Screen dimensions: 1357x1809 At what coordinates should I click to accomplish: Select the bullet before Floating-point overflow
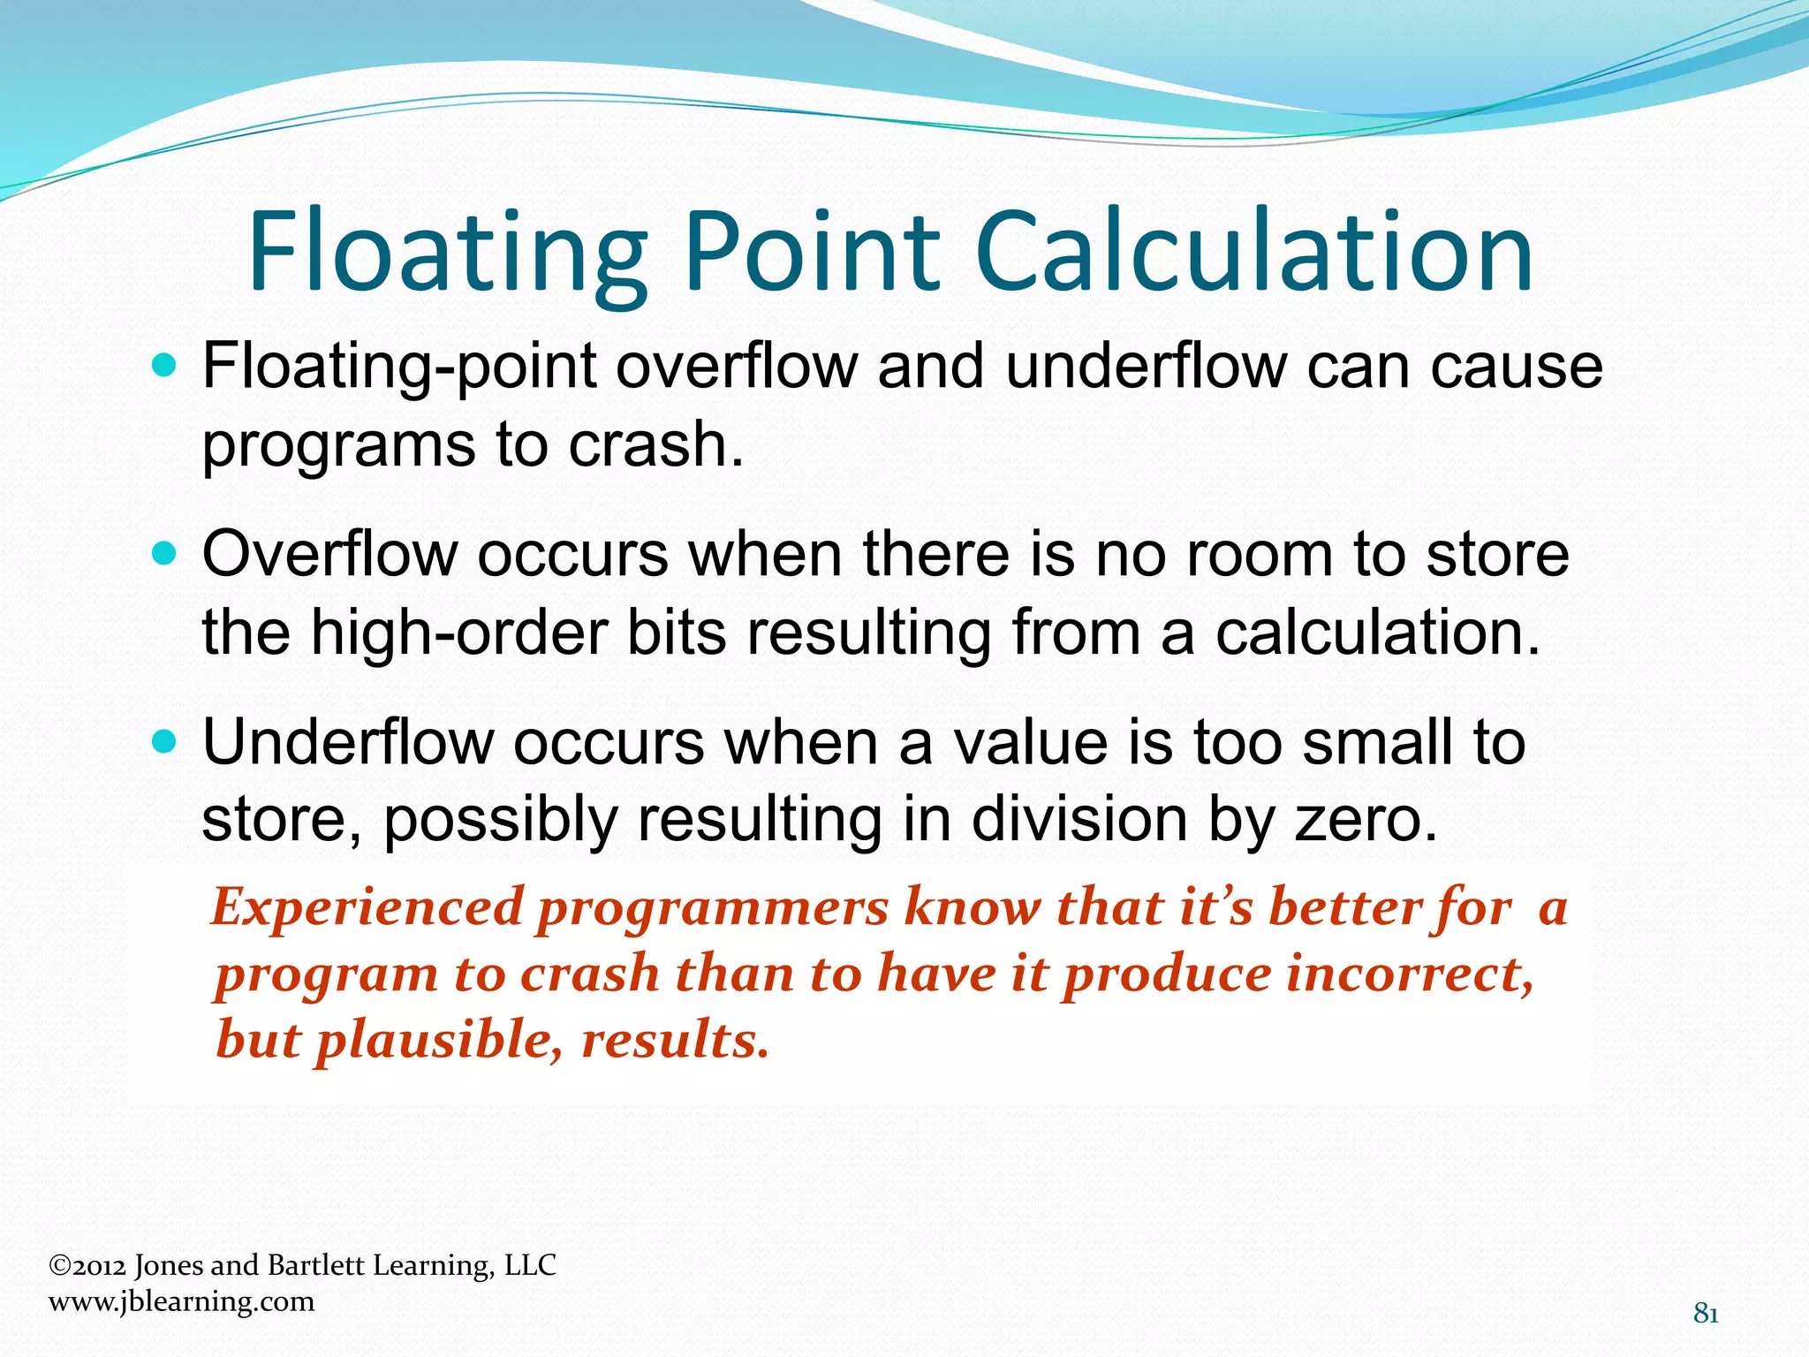pos(164,364)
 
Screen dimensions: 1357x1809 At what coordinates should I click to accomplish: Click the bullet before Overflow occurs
pos(164,554)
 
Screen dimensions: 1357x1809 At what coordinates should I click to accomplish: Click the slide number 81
pos(1706,1315)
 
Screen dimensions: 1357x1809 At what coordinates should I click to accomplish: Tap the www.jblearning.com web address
pos(181,1301)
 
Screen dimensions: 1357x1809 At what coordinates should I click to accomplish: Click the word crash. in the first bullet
pos(655,443)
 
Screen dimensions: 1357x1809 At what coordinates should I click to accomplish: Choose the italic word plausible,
pos(440,1040)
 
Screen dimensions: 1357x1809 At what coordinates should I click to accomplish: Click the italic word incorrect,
pos(1410,974)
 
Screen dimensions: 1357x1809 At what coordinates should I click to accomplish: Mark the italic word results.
pos(675,1040)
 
